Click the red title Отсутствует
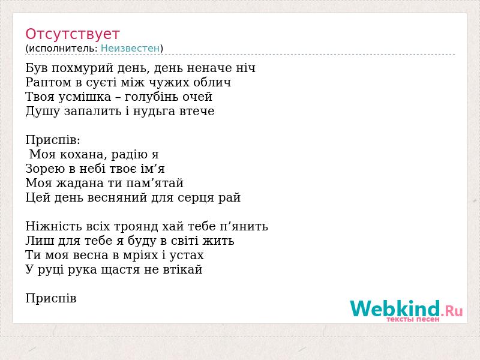pyautogui.click(x=72, y=34)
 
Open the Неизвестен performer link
pyautogui.click(x=130, y=48)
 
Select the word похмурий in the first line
pyautogui.click(x=82, y=68)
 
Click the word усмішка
pyautogui.click(x=85, y=97)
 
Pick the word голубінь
pyautogui.click(x=152, y=97)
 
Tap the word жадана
pyautogui.click(x=79, y=183)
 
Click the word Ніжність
pyautogui.click(x=53, y=226)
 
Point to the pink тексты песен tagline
pyautogui.click(x=413, y=319)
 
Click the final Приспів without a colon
pyautogui.click(x=51, y=298)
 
